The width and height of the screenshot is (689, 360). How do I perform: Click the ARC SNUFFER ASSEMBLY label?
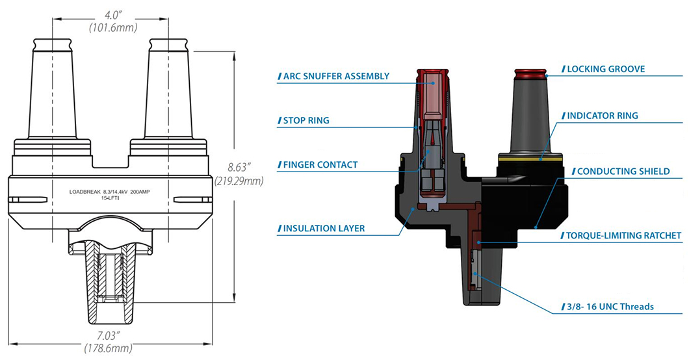336,76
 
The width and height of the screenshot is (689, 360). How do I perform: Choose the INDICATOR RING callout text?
604,116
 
